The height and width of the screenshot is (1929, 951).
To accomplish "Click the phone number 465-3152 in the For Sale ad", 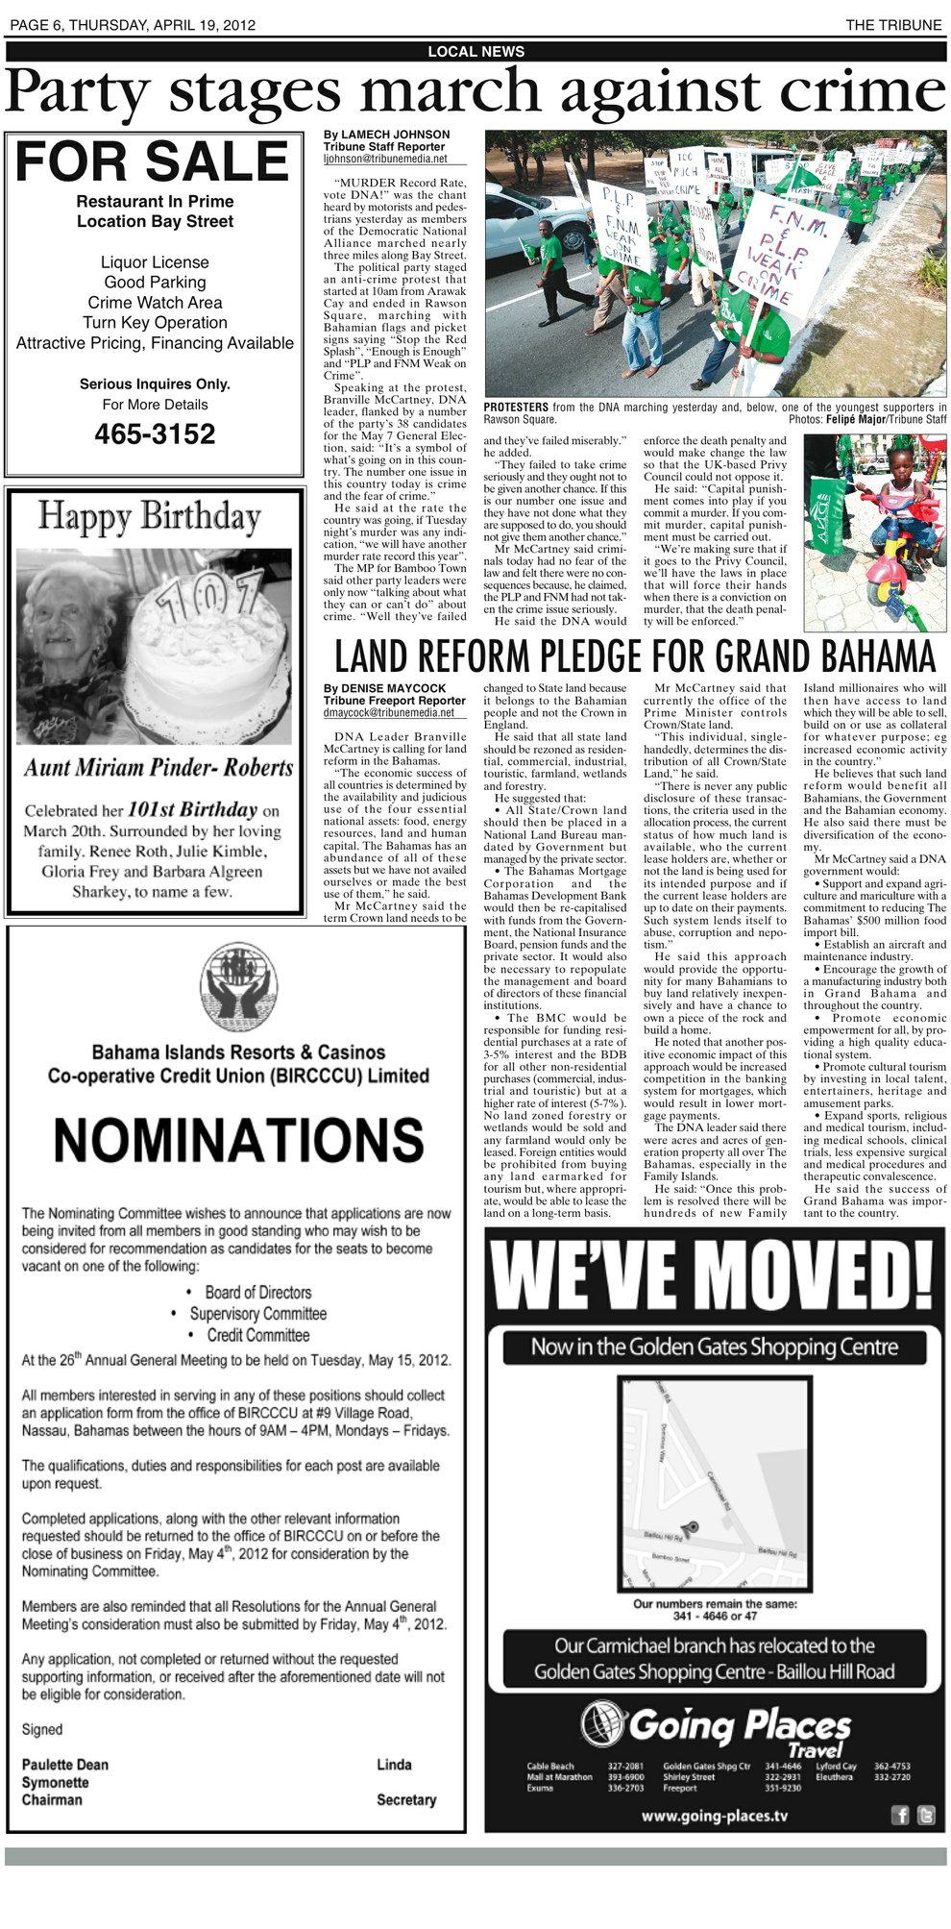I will click(155, 434).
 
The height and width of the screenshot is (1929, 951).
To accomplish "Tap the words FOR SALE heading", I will click(153, 161).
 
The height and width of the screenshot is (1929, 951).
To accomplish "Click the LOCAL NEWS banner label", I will click(475, 52).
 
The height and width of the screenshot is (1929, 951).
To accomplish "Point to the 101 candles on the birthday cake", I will click(209, 595).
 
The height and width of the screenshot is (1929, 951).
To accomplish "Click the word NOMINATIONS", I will click(238, 1140).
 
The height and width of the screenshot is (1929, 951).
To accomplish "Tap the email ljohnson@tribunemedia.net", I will click(385, 159).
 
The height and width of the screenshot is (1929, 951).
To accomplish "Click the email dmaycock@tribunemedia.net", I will click(388, 713).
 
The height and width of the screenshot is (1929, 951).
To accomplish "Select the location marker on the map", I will click(689, 1525).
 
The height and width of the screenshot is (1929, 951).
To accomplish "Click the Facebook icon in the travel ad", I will click(901, 1815).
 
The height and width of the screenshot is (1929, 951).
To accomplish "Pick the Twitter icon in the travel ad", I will click(925, 1815).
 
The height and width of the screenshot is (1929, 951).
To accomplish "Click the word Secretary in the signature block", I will click(406, 1799).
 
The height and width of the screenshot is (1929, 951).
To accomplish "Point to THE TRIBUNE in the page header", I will click(893, 26).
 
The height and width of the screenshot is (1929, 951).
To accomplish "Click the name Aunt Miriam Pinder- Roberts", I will click(158, 767).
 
